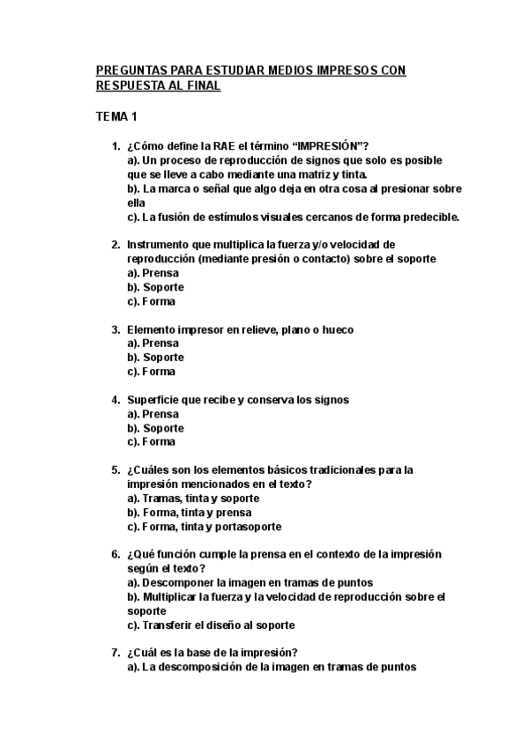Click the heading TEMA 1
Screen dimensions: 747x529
tap(116, 116)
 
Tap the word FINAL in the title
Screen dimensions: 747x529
tap(199, 85)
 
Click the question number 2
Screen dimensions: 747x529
tap(115, 245)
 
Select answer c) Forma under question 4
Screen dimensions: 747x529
tap(151, 442)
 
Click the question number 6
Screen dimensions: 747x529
tap(115, 555)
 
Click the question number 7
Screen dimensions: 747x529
tap(115, 654)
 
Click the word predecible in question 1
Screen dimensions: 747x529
tap(429, 217)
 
